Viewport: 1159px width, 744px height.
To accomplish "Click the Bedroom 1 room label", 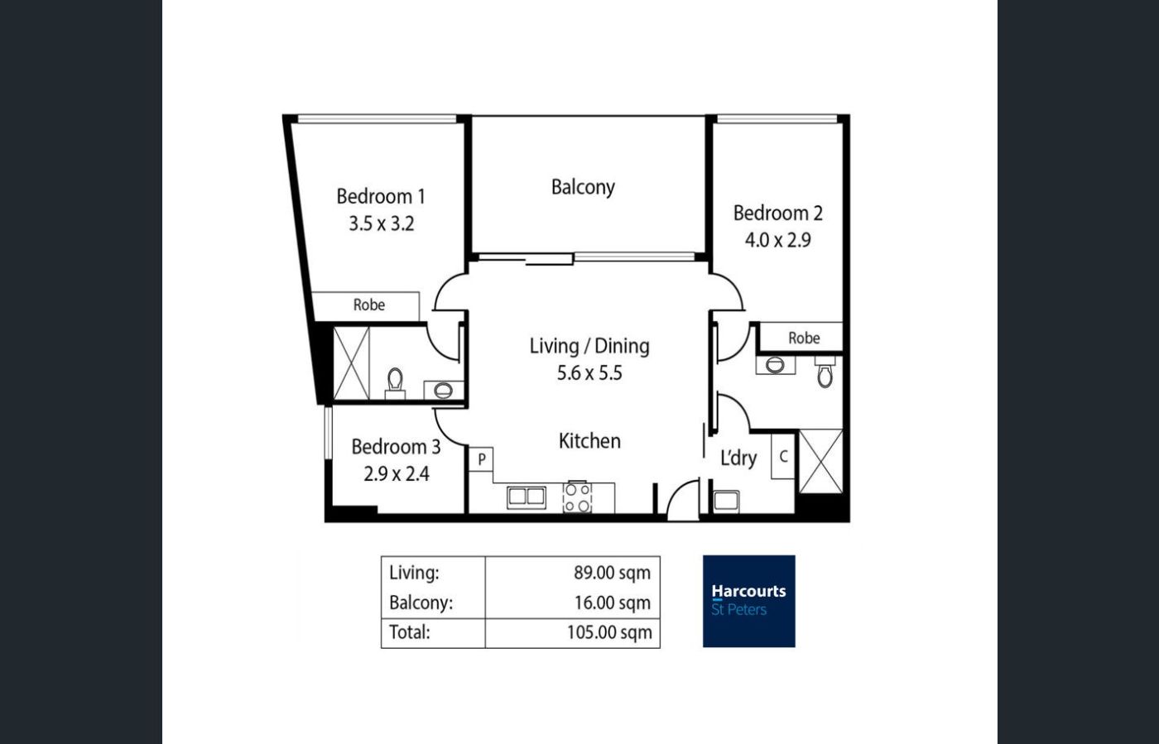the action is point(381,197).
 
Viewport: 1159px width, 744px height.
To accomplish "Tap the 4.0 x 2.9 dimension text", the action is point(777,240).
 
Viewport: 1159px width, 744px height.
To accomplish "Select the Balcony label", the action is point(583,187).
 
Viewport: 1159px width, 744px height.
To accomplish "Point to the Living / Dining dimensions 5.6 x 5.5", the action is point(589,373).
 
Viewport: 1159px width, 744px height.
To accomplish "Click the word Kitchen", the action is point(589,441).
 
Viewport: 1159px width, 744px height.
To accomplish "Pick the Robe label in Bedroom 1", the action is point(369,305).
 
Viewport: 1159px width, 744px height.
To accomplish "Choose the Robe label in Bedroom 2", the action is point(804,338).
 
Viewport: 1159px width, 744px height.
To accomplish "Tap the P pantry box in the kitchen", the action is point(481,459).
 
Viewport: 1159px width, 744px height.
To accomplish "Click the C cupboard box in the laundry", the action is point(783,456).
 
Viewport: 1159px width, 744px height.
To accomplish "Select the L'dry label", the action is point(738,458).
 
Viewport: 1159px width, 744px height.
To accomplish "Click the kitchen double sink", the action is point(527,497).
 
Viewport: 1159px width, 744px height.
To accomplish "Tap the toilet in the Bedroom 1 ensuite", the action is point(396,383).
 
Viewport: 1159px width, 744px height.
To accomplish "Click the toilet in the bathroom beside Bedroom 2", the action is point(825,372).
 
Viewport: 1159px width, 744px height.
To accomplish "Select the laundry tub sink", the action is point(727,501).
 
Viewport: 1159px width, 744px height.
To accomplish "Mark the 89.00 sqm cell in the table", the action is point(612,573).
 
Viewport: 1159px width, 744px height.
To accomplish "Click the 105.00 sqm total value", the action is point(609,632).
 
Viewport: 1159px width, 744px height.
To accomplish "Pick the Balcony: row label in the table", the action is point(421,602).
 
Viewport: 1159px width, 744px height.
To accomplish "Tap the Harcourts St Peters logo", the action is point(748,601).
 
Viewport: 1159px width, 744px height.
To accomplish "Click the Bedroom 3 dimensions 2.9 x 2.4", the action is point(397,474).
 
